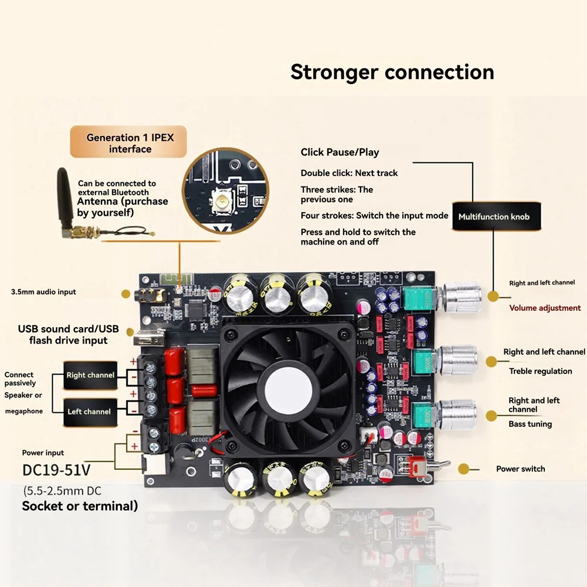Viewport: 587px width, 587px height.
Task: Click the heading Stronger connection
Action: pyautogui.click(x=392, y=72)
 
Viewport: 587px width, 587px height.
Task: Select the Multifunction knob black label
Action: pyautogui.click(x=493, y=216)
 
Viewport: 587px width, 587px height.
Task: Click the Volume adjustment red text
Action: pyautogui.click(x=545, y=308)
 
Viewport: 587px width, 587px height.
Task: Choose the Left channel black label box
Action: pyautogui.click(x=89, y=412)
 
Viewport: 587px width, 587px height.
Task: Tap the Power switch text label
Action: pyautogui.click(x=520, y=469)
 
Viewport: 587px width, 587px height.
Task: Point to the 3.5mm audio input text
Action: pyautogui.click(x=43, y=292)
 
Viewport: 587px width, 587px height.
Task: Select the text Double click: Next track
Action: pyautogui.click(x=349, y=173)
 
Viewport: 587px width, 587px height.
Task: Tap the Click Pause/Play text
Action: pyautogui.click(x=340, y=152)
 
